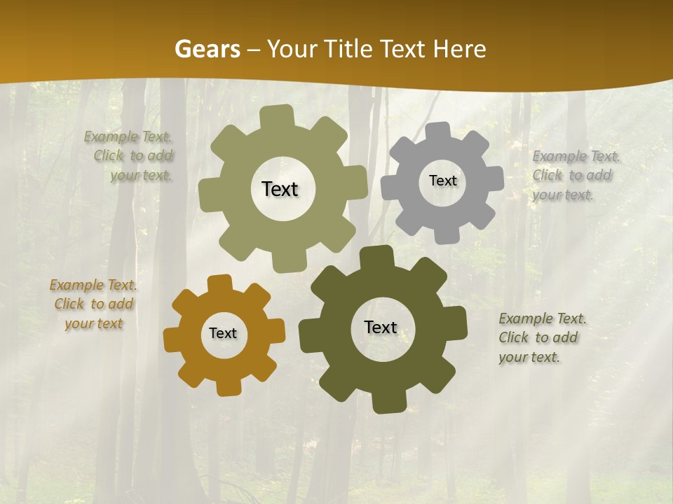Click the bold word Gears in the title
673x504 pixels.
[207, 49]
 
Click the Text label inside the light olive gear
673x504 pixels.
[280, 189]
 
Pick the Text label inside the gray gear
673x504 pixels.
[442, 181]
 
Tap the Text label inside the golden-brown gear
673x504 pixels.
[223, 333]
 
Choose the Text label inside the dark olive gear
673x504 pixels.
[381, 327]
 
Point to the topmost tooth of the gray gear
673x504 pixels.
[438, 130]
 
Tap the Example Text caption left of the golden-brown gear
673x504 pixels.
[93, 304]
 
